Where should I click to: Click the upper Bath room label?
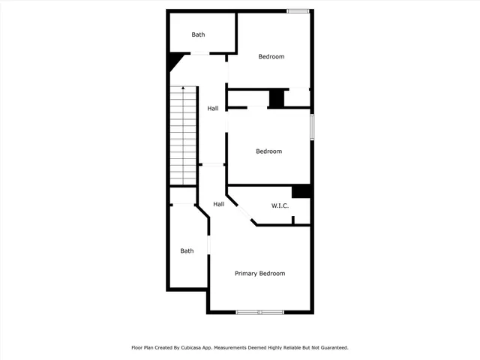198,34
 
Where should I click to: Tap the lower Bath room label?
187,251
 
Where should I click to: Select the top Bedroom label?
271,57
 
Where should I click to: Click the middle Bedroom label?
268,151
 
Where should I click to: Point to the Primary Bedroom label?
259,274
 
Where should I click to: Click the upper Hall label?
213,109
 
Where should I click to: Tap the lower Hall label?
218,204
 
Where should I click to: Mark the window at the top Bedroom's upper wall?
298,10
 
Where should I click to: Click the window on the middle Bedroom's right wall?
312,126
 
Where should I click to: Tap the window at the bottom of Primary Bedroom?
259,312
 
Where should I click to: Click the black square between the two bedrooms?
276,98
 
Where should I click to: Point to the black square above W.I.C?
301,191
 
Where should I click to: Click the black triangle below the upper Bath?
175,60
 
